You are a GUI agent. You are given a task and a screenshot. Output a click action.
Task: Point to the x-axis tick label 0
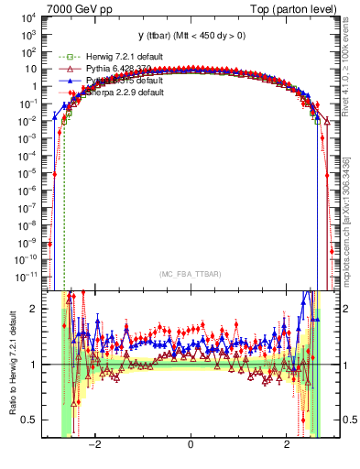(x=190, y=444)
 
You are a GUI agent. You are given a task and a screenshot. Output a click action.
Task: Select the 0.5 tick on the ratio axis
(x=30, y=420)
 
